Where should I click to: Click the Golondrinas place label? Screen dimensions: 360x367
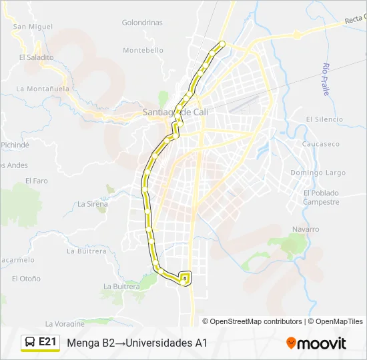pos(142,22)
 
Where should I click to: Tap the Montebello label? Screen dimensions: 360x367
pos(143,50)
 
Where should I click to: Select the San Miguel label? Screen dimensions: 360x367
pos(32,27)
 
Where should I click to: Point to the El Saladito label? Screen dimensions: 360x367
pos(36,57)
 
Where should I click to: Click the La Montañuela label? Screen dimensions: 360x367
pos(42,88)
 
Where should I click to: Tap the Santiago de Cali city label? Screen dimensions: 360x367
pos(175,112)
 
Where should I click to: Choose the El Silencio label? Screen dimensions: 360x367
pos(324,119)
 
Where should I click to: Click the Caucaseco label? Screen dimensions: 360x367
pos(320,144)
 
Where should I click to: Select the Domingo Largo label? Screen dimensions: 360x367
pos(318,173)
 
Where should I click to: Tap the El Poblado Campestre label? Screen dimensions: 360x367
pos(320,197)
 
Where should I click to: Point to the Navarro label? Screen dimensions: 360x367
pos(306,229)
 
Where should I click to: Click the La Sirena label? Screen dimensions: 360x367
pos(93,204)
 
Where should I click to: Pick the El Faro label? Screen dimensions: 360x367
pos(37,181)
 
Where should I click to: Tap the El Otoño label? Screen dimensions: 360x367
pos(26,279)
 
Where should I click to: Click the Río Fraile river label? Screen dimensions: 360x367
pos(326,79)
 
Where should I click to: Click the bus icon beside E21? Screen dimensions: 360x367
pos(30,343)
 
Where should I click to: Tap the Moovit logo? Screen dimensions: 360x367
pos(316,343)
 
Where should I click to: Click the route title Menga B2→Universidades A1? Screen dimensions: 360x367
pos(137,343)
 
